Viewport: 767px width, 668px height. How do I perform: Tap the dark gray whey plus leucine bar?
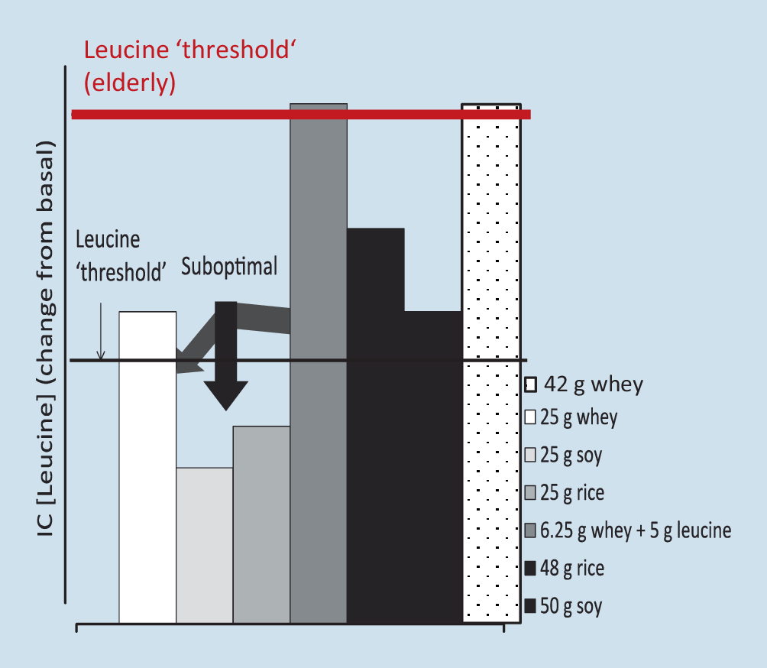pyautogui.click(x=319, y=459)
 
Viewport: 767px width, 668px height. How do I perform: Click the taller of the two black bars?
pyautogui.click(x=376, y=428)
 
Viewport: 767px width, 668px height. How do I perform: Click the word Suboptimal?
pyautogui.click(x=229, y=267)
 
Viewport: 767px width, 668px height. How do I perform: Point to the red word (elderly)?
pyautogui.click(x=130, y=82)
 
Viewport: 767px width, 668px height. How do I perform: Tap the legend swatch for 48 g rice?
pyautogui.click(x=530, y=569)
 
